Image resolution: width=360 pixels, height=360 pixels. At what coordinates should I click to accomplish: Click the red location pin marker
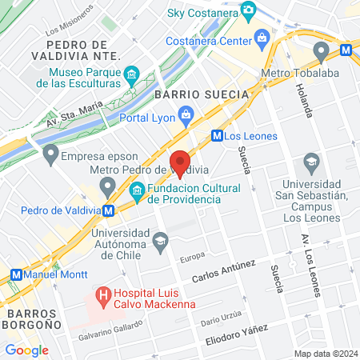tap(180, 162)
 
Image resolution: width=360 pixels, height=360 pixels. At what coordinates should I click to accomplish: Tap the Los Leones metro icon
tap(216, 136)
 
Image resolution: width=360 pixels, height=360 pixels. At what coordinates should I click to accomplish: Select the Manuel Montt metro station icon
tap(16, 274)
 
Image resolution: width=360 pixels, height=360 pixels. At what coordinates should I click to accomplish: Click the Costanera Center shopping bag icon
tap(262, 38)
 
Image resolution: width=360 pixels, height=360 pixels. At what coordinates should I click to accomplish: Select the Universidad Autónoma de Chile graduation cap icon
tap(160, 240)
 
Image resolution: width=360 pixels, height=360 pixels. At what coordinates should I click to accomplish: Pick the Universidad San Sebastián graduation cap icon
tap(310, 165)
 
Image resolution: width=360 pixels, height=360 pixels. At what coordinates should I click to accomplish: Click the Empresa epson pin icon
tap(51, 152)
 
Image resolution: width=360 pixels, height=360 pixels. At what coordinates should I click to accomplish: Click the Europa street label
tap(192, 258)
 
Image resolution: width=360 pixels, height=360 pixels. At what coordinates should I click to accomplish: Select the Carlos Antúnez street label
tap(223, 272)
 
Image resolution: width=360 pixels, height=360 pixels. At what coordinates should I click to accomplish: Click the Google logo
tap(26, 350)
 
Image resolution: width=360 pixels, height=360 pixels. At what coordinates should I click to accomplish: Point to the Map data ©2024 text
tap(324, 354)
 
